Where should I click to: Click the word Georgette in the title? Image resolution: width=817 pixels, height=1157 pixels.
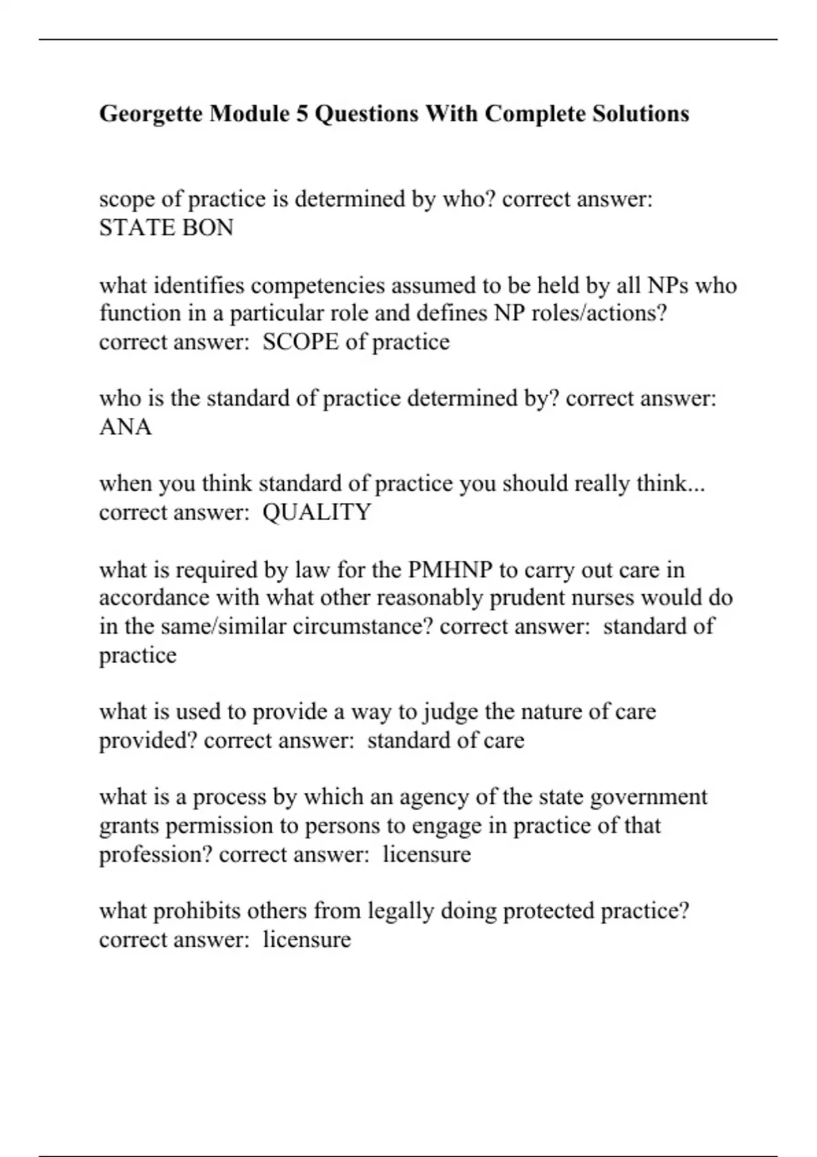pos(150,114)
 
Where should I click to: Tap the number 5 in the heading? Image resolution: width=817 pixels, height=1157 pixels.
pos(302,114)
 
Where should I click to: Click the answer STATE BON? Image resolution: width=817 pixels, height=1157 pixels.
pos(166,227)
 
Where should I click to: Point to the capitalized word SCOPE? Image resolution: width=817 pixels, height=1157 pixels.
pos(300,342)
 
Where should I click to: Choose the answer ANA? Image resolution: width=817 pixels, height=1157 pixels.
pos(125,427)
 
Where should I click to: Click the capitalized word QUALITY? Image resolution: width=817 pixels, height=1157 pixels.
pos(317,512)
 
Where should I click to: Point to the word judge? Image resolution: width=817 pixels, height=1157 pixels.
pos(450,712)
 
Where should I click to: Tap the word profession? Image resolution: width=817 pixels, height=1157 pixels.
pos(156,854)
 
